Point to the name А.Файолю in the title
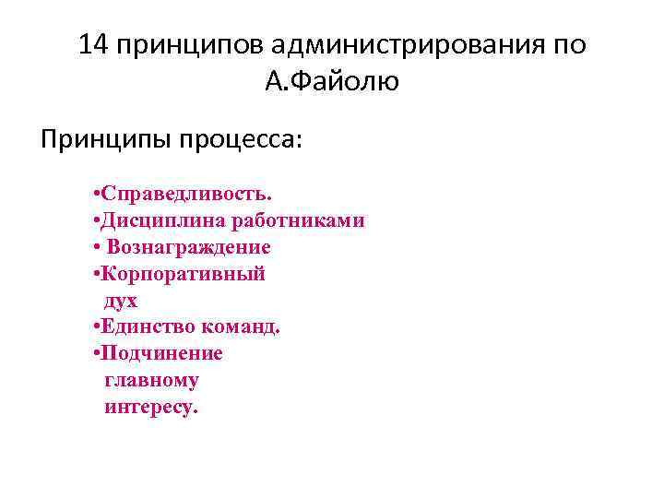(331, 83)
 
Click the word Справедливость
(187, 195)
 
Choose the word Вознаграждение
(188, 247)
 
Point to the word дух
(121, 301)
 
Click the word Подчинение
(162, 354)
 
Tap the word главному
(151, 380)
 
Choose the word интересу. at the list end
(151, 407)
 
